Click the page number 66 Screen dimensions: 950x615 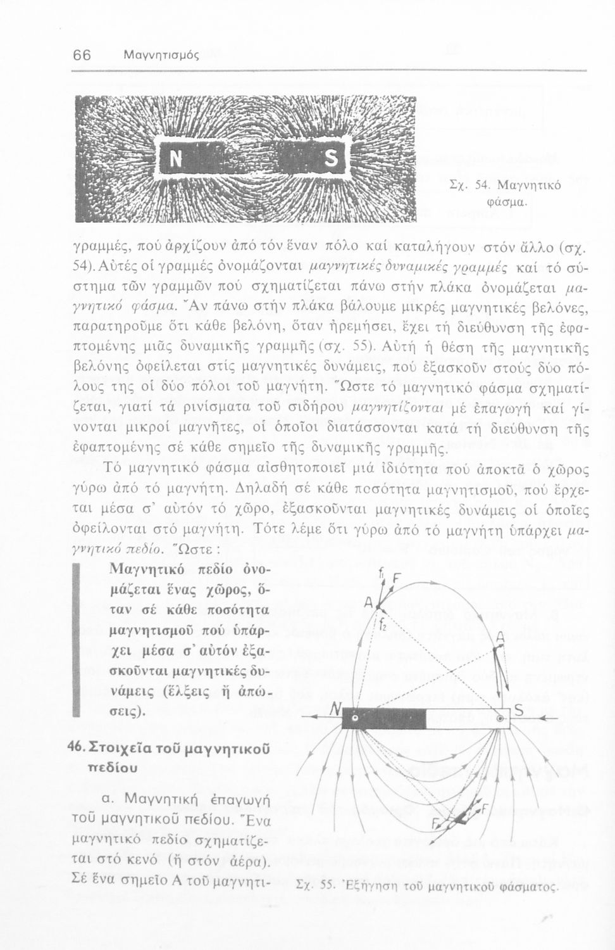(82, 54)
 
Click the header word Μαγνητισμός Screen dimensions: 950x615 (161, 55)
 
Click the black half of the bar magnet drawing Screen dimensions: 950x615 (383, 718)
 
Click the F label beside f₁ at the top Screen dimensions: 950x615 (397, 578)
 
